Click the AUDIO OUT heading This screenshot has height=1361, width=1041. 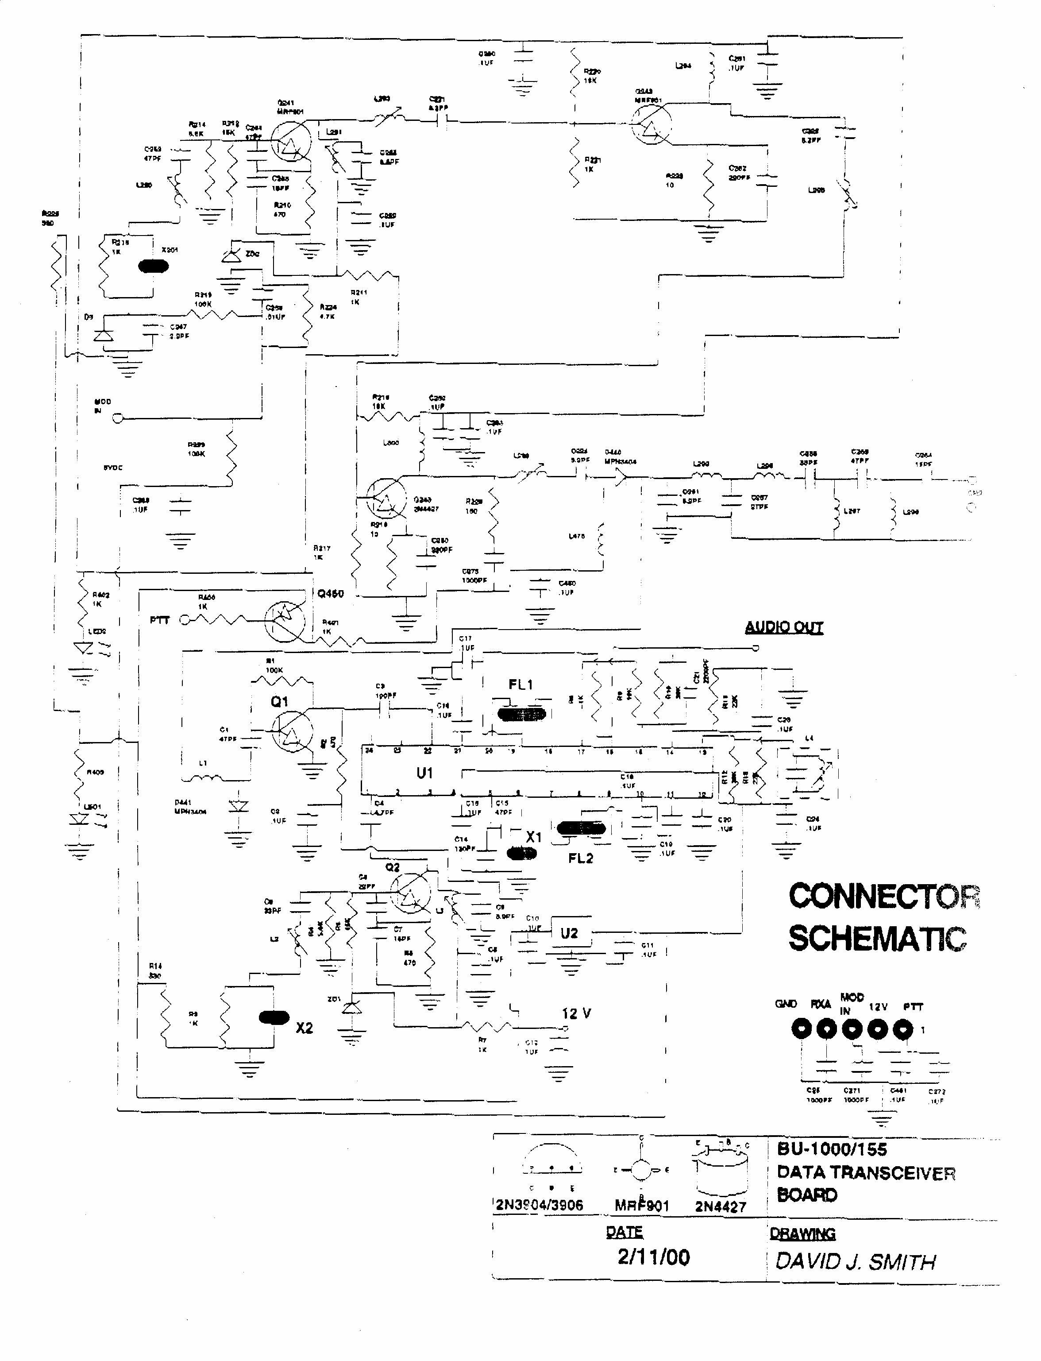(783, 627)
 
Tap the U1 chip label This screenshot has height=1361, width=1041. (424, 773)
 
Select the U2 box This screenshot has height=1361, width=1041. (570, 933)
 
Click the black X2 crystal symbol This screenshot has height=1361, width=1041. (273, 1018)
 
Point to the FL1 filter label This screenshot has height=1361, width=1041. (520, 684)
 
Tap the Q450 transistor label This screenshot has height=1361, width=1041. (330, 594)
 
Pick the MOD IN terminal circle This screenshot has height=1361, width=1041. (117, 418)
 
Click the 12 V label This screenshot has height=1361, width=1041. (576, 1014)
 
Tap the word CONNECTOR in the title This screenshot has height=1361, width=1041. (883, 896)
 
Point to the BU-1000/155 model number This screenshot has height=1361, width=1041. (832, 1149)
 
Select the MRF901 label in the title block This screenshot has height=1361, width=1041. (642, 1206)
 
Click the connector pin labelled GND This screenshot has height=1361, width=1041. (802, 1029)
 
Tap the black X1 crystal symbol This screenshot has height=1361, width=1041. (522, 854)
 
